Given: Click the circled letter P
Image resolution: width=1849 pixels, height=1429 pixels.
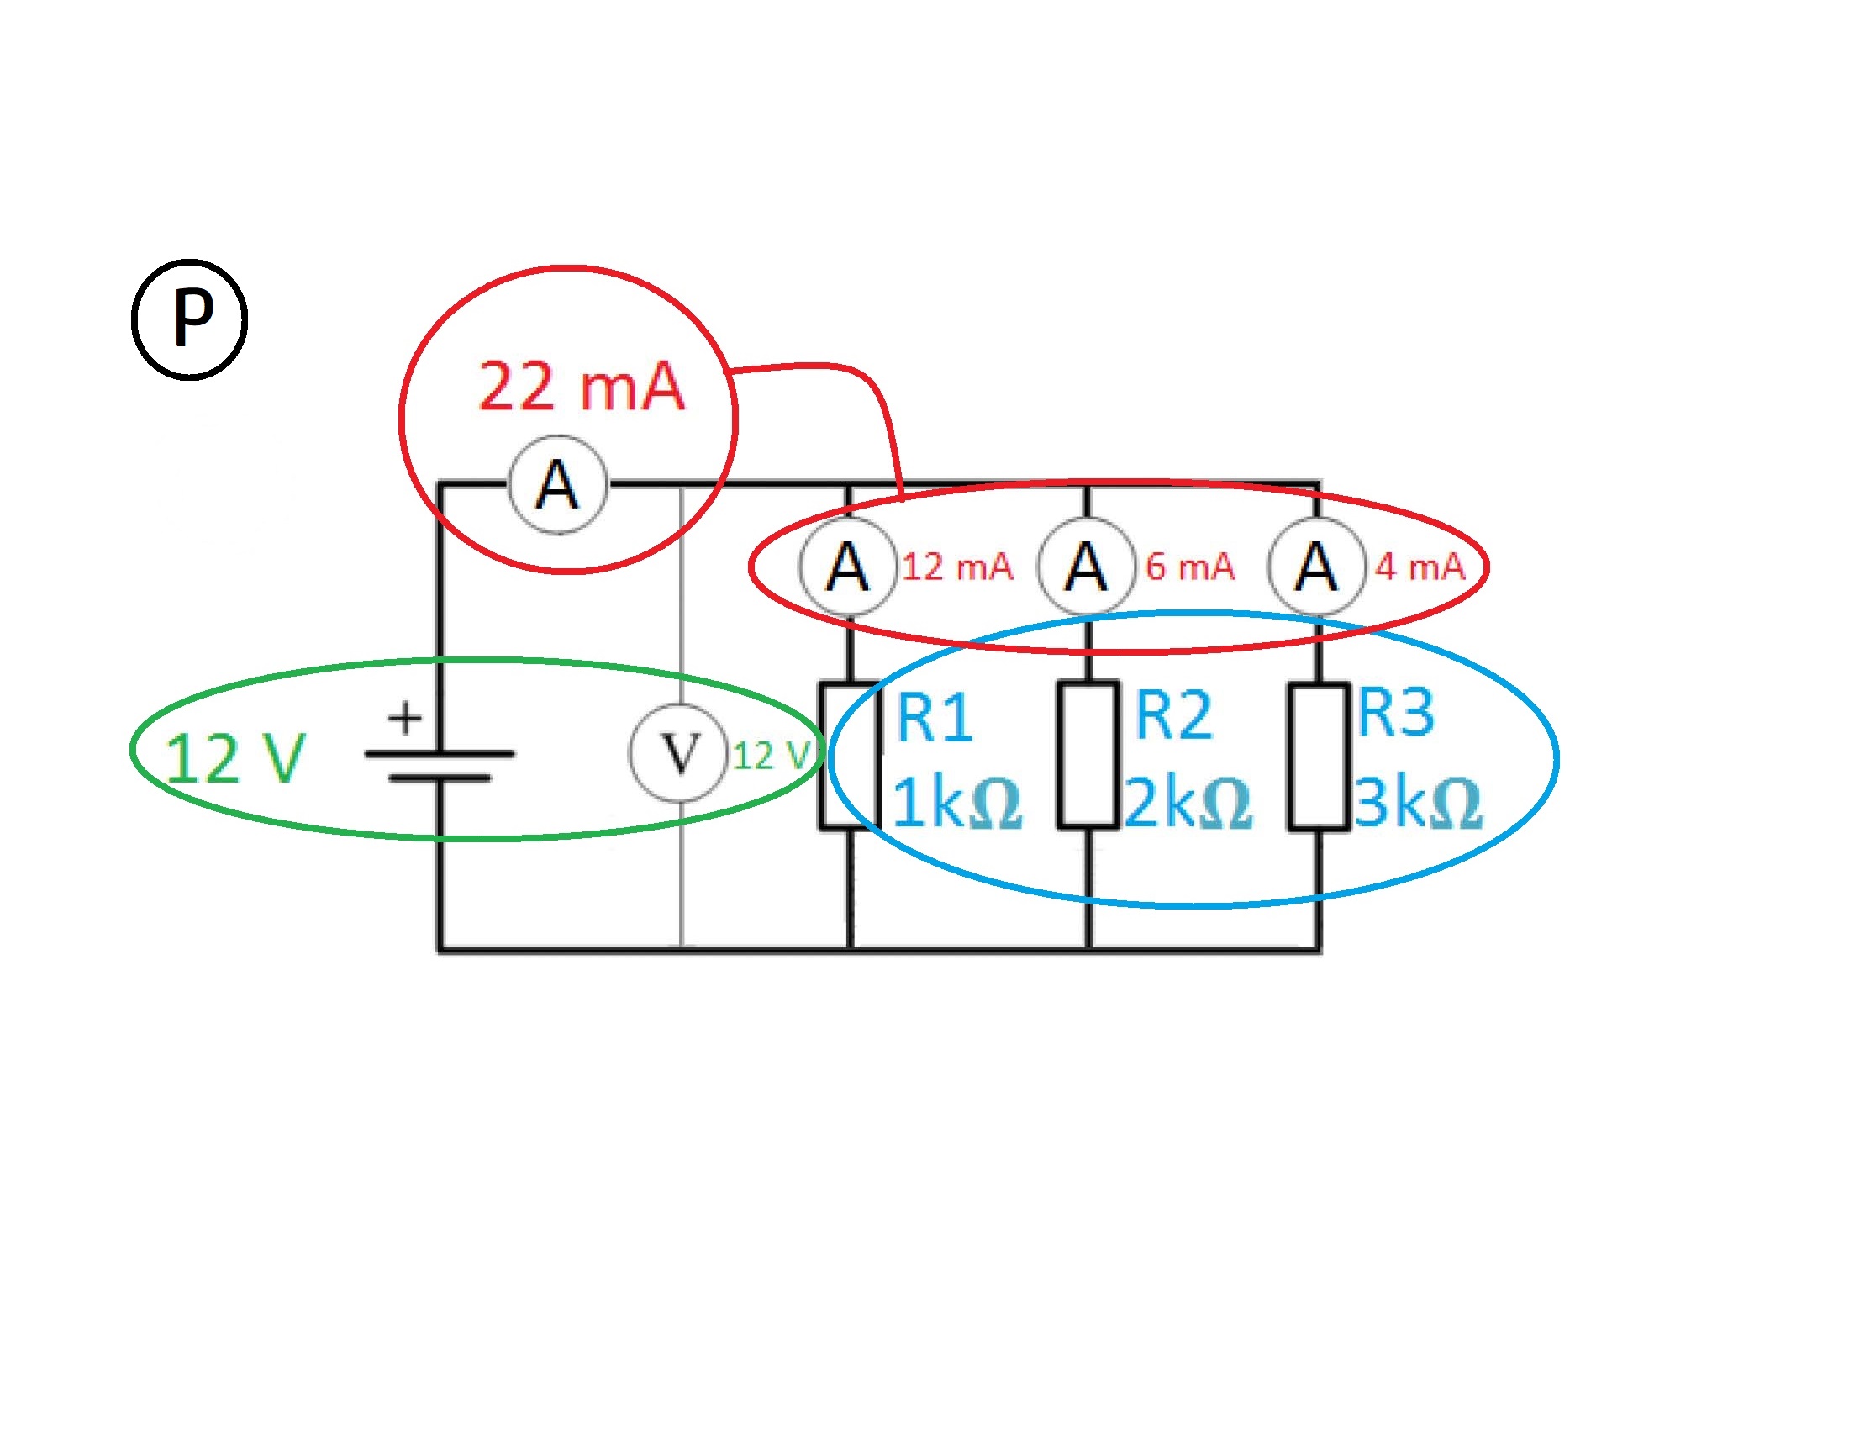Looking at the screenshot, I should coord(190,320).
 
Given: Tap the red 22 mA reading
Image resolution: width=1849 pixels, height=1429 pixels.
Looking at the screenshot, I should coord(581,387).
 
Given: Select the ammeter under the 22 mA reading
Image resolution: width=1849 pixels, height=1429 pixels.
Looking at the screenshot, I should coord(557,485).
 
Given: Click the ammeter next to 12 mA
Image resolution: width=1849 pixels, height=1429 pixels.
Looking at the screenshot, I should coord(847,567).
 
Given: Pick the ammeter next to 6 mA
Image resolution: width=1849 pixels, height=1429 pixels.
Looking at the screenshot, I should coord(1086,567).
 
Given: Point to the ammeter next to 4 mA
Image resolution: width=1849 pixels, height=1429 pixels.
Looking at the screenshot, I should coord(1316,567).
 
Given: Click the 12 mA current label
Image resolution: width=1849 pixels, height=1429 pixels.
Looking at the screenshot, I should coord(957,567).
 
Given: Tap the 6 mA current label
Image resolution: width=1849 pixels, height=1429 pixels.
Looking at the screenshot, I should coord(1190,567).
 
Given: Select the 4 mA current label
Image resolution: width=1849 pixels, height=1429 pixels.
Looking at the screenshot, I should coord(1420,567).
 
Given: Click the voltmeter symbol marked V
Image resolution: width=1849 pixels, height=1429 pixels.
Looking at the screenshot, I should coord(679,752).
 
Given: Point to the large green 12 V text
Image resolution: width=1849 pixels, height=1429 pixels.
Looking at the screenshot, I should coord(234,758).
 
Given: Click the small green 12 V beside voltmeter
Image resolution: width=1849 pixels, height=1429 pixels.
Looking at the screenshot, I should coord(772,755).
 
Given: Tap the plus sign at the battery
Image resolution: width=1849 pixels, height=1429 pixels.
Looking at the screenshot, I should coord(405,717).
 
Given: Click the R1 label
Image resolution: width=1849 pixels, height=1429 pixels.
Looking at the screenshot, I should coord(934,718).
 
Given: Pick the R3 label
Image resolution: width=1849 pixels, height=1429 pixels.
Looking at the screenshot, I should coord(1396,713).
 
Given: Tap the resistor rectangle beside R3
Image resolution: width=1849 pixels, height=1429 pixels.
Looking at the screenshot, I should coord(1318,757).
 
